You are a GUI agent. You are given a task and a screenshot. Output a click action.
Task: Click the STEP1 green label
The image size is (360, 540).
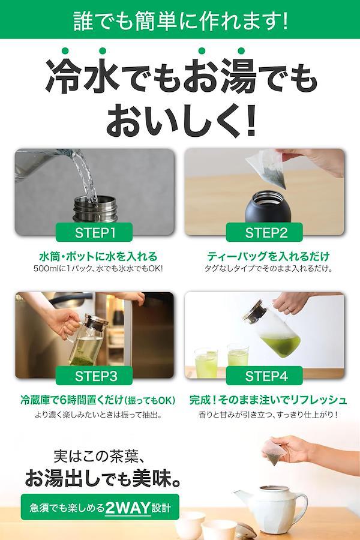[x=94, y=232]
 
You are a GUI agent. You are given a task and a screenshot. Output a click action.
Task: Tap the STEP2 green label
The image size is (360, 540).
[x=264, y=232]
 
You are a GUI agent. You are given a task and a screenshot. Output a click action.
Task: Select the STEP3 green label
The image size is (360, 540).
[x=94, y=376]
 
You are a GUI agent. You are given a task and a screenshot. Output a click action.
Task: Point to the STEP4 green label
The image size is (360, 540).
[x=264, y=376]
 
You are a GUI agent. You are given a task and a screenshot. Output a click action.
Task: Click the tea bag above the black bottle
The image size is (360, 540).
[x=267, y=169]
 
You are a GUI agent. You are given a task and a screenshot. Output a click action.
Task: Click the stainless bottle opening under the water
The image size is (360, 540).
[x=95, y=202]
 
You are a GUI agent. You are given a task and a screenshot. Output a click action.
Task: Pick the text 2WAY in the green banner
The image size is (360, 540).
[x=128, y=508]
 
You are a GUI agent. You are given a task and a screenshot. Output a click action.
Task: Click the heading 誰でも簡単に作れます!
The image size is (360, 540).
[x=180, y=20]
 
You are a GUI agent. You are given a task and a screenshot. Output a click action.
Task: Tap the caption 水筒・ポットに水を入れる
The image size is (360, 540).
[x=98, y=256]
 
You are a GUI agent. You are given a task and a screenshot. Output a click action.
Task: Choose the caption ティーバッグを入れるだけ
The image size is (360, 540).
[x=268, y=256]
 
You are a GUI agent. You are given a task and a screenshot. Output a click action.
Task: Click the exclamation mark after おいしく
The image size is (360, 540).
[x=251, y=121]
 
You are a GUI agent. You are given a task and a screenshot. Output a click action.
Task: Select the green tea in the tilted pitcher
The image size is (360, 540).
[x=281, y=345]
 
